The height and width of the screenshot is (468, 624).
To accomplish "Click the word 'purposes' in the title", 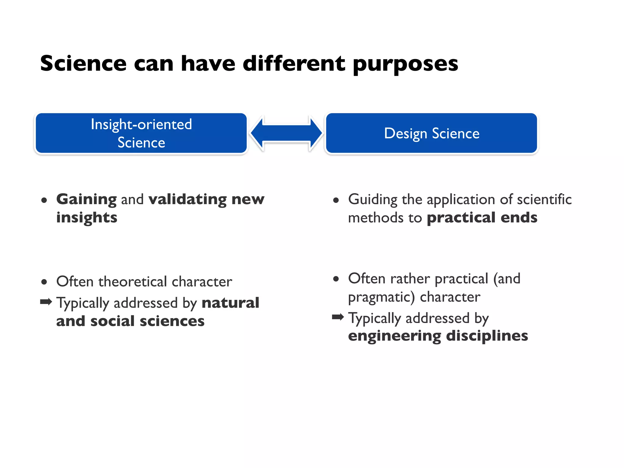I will (405, 65).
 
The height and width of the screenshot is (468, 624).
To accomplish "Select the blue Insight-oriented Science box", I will (141, 133).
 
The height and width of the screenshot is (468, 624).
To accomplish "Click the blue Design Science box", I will (431, 133).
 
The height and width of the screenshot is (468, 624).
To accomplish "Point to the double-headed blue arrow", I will (286, 133).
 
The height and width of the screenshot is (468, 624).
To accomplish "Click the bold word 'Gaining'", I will (87, 200).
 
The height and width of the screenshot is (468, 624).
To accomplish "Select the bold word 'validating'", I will (187, 200).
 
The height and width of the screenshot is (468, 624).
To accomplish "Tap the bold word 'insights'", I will (87, 218).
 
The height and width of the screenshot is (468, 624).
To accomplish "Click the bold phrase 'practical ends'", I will (482, 218).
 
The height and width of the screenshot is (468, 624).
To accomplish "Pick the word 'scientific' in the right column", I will (544, 200).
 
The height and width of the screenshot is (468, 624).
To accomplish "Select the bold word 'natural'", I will (230, 303).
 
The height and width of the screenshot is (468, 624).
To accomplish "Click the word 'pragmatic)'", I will (381, 297).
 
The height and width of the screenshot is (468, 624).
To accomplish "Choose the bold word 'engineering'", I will (394, 336).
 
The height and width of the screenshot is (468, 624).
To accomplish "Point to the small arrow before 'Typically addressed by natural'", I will (46, 302).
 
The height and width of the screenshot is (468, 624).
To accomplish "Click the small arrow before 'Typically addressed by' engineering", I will (338, 317).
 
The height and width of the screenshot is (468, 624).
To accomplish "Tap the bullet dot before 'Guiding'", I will (336, 200).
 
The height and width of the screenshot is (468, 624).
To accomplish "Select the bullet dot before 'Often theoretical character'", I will (44, 282).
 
